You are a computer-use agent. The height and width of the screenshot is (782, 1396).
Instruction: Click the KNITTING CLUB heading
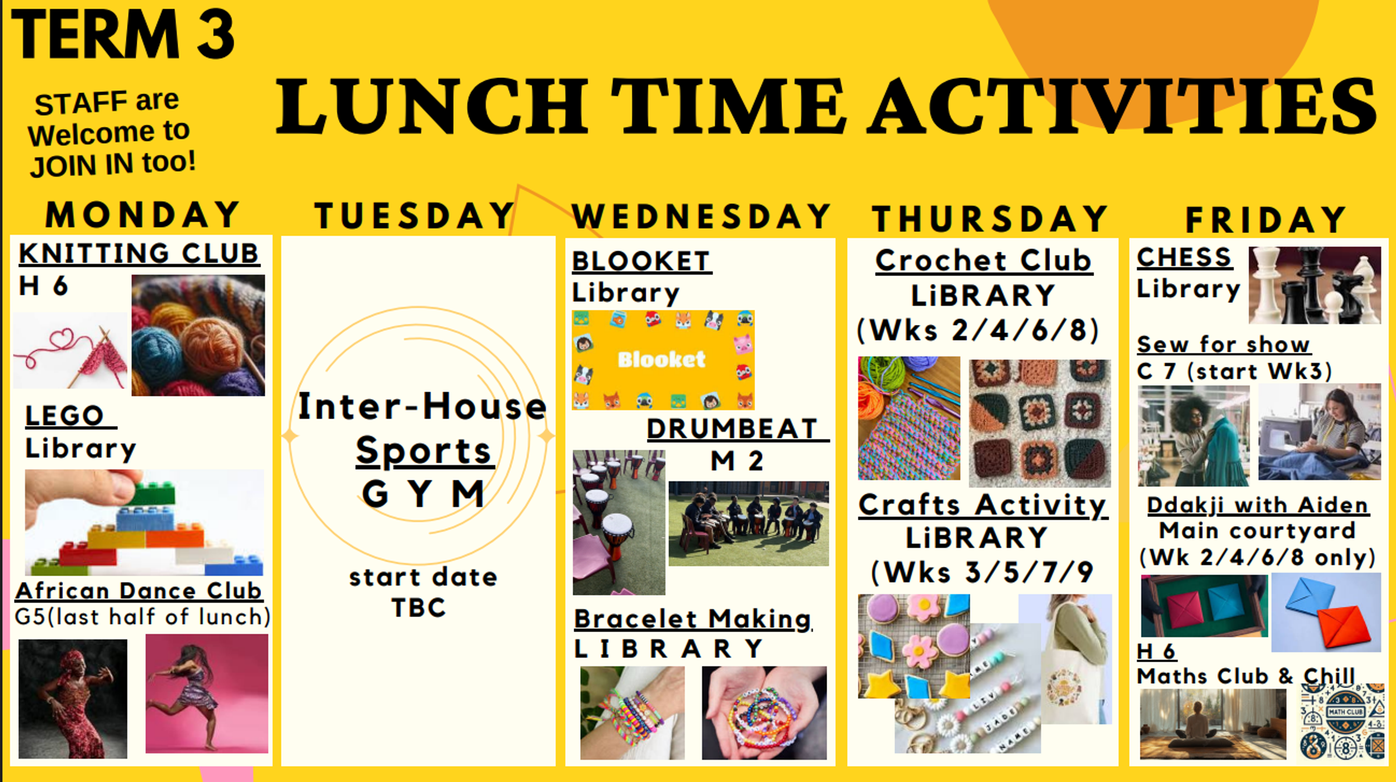[139, 254]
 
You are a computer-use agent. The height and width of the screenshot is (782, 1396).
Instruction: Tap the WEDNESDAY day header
[702, 217]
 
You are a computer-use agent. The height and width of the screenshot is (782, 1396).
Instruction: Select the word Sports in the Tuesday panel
[424, 451]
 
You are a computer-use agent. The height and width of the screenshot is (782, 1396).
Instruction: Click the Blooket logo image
[663, 360]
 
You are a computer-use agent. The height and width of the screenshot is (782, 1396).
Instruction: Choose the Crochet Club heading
[984, 260]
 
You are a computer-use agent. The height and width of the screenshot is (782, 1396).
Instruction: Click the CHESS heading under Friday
[1184, 257]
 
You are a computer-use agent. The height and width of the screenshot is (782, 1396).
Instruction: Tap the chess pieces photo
[1315, 285]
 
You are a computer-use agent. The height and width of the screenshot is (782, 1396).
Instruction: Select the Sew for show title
[1224, 344]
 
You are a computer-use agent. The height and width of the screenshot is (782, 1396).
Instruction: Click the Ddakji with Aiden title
[1258, 505]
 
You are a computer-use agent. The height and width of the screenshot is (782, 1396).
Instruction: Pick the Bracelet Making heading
[693, 619]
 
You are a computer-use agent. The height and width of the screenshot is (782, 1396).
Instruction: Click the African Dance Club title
[139, 591]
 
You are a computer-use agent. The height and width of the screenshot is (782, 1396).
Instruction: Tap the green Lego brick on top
[152, 494]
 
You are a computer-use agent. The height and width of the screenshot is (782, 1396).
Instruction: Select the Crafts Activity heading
[983, 505]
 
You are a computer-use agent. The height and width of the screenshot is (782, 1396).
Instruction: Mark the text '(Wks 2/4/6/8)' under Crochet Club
[978, 330]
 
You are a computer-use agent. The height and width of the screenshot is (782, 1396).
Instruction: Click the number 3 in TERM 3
[215, 34]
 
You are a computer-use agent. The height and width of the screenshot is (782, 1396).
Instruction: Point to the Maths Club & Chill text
[1246, 676]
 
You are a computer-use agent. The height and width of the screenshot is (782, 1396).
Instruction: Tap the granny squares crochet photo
[1039, 423]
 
